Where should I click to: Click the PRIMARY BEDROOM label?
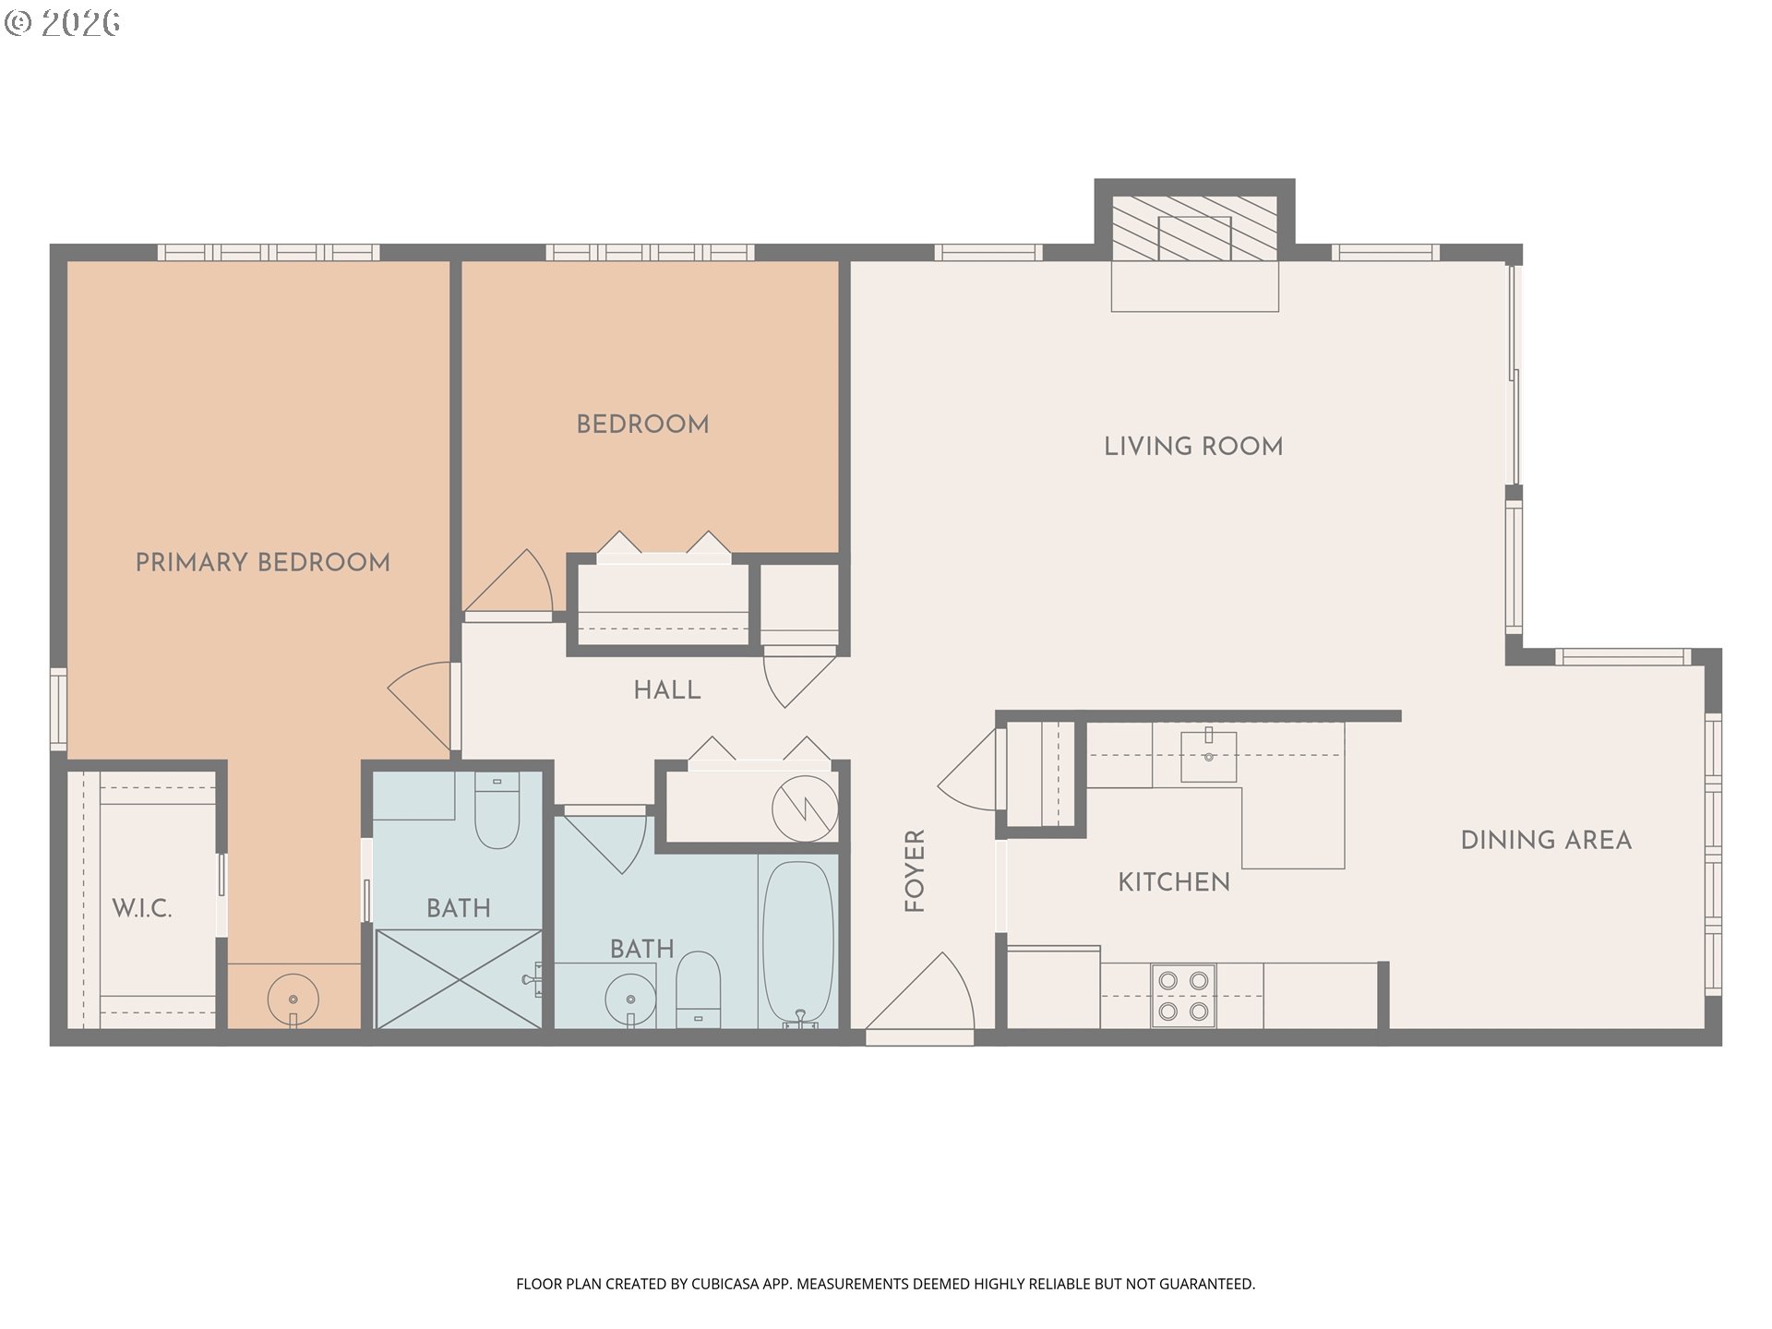pyautogui.click(x=263, y=562)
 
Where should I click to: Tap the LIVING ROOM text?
pyautogui.click(x=1193, y=447)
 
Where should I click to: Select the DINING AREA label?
pyautogui.click(x=1546, y=840)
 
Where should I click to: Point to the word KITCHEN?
pyautogui.click(x=1174, y=882)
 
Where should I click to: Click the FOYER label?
pyautogui.click(x=914, y=871)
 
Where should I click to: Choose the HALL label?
pyautogui.click(x=667, y=689)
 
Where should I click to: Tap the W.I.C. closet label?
pyautogui.click(x=142, y=908)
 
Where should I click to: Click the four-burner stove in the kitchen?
pyautogui.click(x=1183, y=996)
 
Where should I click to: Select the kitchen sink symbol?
pyautogui.click(x=1208, y=755)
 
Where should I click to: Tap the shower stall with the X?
pyautogui.click(x=459, y=978)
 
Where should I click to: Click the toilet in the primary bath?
pyautogui.click(x=497, y=809)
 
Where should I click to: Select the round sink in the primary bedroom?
pyautogui.click(x=293, y=1000)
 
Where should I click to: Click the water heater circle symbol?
pyautogui.click(x=805, y=809)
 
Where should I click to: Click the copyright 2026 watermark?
pyautogui.click(x=63, y=22)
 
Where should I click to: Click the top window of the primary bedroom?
pyautogui.click(x=269, y=252)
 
